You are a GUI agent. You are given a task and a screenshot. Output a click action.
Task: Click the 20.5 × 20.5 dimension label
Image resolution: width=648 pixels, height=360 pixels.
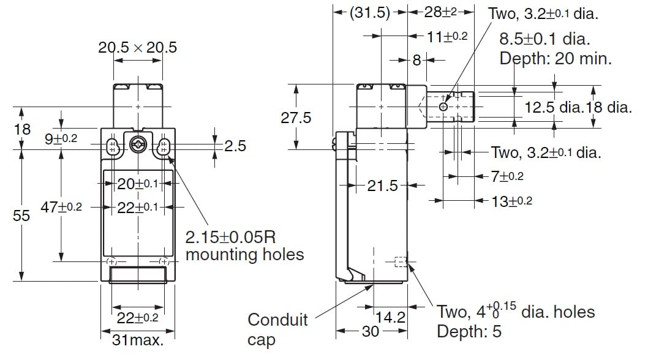coord(138,48)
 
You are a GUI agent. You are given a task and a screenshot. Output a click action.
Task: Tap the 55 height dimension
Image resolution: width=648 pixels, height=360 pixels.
coord(21,216)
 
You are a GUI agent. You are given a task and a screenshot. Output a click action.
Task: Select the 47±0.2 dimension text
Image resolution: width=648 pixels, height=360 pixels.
coord(61,207)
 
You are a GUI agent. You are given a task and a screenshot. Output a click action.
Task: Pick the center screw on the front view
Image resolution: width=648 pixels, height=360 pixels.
coord(138,146)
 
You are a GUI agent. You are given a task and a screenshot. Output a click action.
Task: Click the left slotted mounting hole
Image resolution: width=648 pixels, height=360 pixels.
coord(112,146)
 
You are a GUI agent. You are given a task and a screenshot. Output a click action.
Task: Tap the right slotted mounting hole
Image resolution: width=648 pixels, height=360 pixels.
coord(164,146)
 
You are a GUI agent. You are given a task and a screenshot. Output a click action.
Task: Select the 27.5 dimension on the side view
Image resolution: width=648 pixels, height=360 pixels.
coord(296,118)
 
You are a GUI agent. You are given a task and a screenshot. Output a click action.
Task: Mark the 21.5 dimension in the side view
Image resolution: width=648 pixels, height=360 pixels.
coord(383,185)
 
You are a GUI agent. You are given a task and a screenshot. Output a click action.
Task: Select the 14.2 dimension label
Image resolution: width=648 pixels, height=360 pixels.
coord(390,318)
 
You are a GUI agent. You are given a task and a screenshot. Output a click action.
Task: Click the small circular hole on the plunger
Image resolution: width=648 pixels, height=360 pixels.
coord(443,107)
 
